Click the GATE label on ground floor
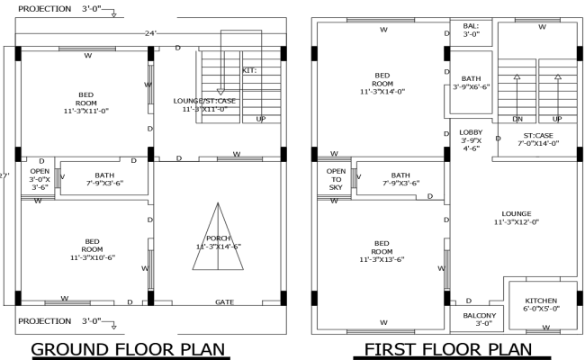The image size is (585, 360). click(224, 302)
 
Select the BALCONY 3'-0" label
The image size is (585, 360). click(479, 319)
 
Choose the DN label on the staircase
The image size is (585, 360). click(517, 119)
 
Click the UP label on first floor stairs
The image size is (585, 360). click(556, 119)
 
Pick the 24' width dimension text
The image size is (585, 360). click(151, 33)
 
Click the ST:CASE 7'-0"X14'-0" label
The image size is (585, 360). click(538, 138)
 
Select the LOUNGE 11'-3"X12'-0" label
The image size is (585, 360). click(517, 218)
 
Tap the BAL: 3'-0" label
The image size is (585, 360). click(471, 31)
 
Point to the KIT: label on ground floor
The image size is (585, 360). click(249, 69)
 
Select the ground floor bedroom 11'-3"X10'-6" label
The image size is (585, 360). click(92, 248)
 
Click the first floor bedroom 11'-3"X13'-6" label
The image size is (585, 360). click(382, 251)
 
